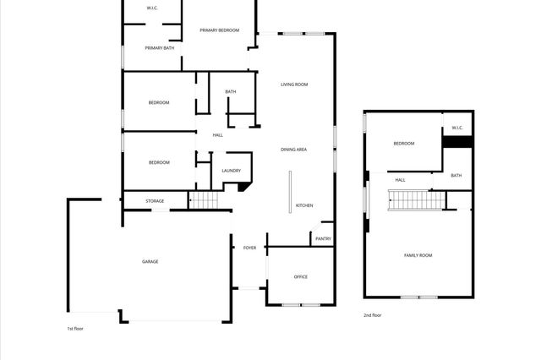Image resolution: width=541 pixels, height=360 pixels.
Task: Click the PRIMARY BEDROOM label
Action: [219, 30]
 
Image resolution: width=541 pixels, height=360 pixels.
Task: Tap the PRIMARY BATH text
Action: [160, 48]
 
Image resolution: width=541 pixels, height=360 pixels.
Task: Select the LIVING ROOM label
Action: [294, 85]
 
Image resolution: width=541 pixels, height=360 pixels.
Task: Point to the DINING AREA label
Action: [293, 150]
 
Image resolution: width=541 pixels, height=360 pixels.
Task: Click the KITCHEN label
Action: [304, 205]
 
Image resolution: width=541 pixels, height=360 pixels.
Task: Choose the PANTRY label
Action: [323, 239]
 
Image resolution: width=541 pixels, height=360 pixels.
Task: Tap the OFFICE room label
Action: [300, 276]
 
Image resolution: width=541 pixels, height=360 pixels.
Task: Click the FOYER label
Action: [249, 248]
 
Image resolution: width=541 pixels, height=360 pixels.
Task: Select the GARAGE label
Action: [150, 261]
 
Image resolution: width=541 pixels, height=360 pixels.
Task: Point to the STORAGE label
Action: [154, 201]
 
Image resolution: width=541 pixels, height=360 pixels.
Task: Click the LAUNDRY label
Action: [231, 171]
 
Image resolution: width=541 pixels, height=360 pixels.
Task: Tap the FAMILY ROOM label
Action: [418, 254]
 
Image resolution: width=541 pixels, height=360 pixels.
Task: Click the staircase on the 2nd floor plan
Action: [415, 200]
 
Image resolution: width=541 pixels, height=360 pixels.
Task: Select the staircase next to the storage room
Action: [203, 200]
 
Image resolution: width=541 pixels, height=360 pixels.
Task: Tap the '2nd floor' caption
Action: [372, 314]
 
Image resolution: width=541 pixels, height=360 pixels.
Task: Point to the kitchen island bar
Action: [290, 192]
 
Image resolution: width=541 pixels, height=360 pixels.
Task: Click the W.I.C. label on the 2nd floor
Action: [456, 128]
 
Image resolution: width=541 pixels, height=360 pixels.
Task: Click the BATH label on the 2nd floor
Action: [456, 176]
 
